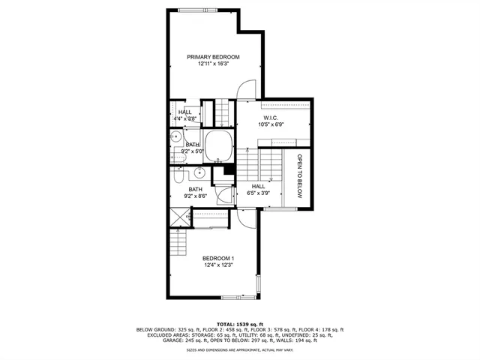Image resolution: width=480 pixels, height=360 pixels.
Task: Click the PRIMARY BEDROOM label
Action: [213, 58]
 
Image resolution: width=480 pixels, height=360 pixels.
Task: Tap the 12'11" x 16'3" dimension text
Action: [213, 65]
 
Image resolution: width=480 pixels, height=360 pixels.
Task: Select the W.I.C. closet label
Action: [271, 116]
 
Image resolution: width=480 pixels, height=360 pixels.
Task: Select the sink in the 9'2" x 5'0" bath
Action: [175, 138]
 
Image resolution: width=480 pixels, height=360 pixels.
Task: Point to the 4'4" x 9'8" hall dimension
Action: [184, 118]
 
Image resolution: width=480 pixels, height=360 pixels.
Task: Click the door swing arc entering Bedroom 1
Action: [246, 217]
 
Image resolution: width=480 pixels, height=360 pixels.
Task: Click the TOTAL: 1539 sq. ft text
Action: [239, 324]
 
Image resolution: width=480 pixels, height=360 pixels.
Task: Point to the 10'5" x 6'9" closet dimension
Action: [271, 124]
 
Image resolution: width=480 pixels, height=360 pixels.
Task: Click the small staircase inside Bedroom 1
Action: [176, 241]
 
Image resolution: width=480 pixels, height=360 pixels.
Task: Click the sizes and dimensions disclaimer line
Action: [239, 350]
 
